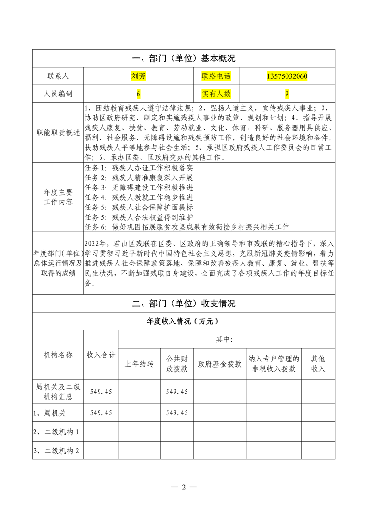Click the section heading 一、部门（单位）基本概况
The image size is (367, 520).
pyautogui.click(x=184, y=59)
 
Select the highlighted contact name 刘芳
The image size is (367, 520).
pyautogui.click(x=138, y=76)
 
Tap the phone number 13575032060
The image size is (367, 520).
pyautogui.click(x=287, y=76)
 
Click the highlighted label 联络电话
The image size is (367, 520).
pyautogui.click(x=216, y=76)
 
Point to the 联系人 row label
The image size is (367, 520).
pyautogui.click(x=58, y=76)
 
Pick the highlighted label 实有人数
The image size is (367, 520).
pyautogui.click(x=216, y=94)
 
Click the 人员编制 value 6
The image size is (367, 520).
pyautogui.click(x=138, y=94)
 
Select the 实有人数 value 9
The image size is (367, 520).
pyautogui.click(x=287, y=94)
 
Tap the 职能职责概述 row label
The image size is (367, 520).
pyautogui.click(x=58, y=133)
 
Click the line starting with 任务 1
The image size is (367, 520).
pyautogui.click(x=139, y=168)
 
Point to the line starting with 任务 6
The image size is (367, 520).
pyautogui.click(x=187, y=227)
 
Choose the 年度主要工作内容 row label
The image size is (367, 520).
pyautogui.click(x=58, y=197)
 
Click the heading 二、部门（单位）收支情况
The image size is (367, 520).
pyautogui.click(x=184, y=304)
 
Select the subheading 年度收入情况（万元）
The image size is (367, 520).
pyautogui.click(x=184, y=321)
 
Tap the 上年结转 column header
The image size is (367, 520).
pyautogui.click(x=139, y=364)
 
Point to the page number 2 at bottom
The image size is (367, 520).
pyautogui.click(x=184, y=487)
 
